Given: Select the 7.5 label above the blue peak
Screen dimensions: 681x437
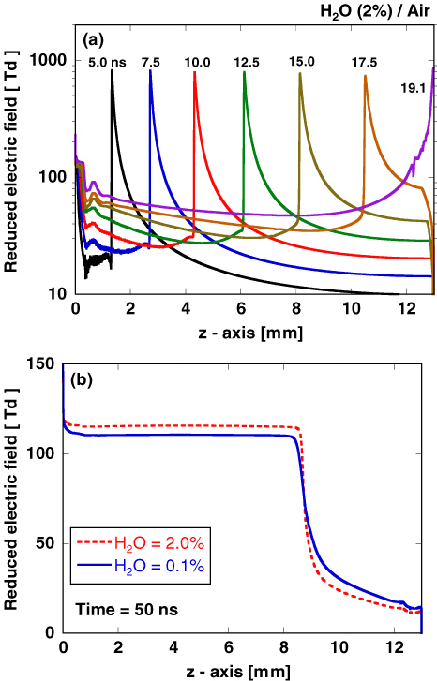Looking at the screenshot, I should coord(152,64).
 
